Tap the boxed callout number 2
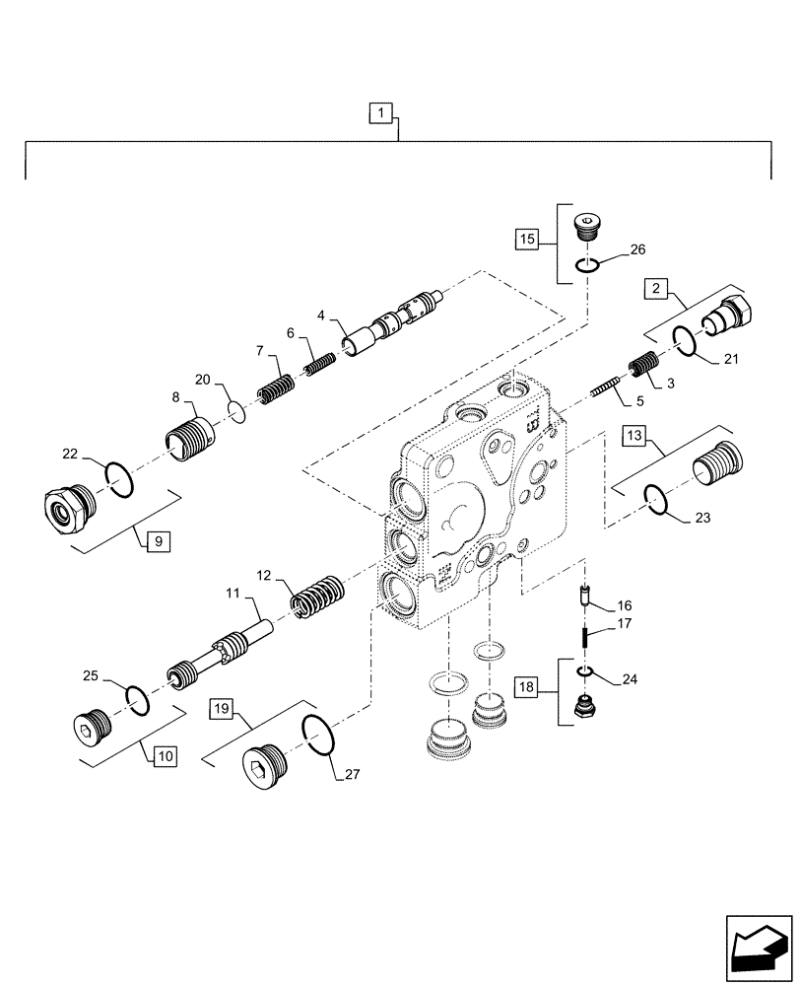(x=654, y=289)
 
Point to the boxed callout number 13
(x=633, y=435)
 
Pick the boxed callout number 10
(x=164, y=755)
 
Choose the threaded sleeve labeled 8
(x=189, y=434)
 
